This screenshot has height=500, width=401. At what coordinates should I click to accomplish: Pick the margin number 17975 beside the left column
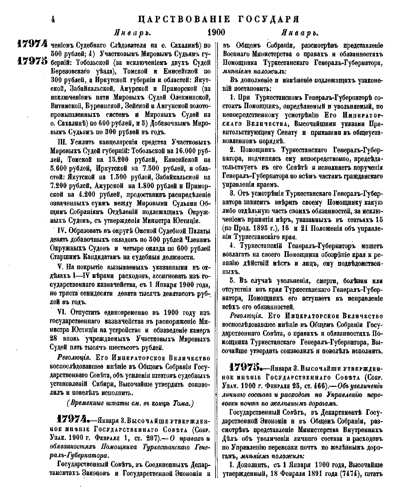(32, 62)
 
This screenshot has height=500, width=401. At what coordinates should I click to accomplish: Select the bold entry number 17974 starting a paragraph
(74, 420)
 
